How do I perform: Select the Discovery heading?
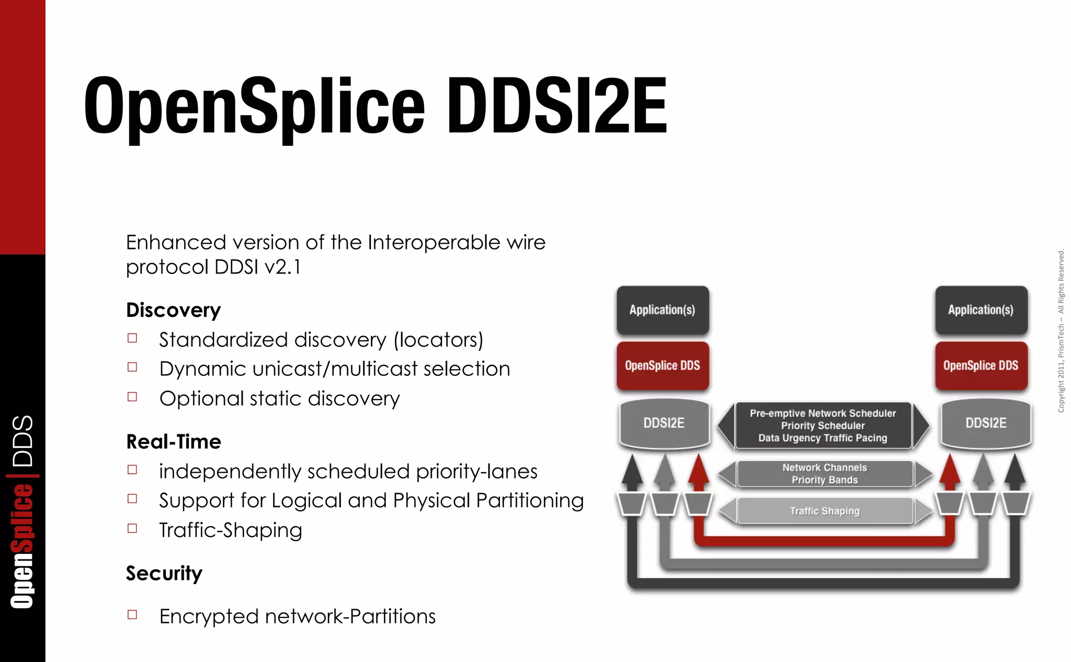pyautogui.click(x=173, y=310)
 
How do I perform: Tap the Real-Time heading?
pyautogui.click(x=173, y=442)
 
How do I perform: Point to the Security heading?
pyautogui.click(x=164, y=573)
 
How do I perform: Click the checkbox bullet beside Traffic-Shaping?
pyautogui.click(x=132, y=529)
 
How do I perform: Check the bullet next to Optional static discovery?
pyautogui.click(x=132, y=397)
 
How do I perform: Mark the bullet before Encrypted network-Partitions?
pyautogui.click(x=132, y=615)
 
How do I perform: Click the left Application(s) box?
pyautogui.click(x=662, y=310)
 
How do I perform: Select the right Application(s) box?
pyautogui.click(x=981, y=310)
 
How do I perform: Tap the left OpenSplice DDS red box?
pyautogui.click(x=662, y=366)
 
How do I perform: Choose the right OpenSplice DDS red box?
pyautogui.click(x=981, y=366)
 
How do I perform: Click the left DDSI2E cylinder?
pyautogui.click(x=664, y=423)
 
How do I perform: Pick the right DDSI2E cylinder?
pyautogui.click(x=986, y=423)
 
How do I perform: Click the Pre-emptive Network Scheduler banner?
pyautogui.click(x=823, y=426)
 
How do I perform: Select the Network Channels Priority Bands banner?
pyautogui.click(x=825, y=474)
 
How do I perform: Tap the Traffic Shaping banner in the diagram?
pyautogui.click(x=825, y=511)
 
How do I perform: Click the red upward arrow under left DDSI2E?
pyautogui.click(x=698, y=471)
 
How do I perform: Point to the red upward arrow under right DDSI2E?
pyautogui.click(x=950, y=471)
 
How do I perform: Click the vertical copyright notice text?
pyautogui.click(x=1061, y=331)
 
